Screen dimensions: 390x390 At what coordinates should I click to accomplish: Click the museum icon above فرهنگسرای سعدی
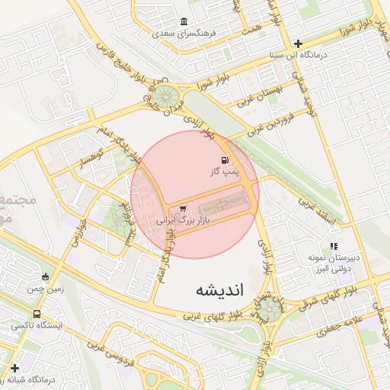183,22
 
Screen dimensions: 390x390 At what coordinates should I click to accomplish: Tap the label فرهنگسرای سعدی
184,34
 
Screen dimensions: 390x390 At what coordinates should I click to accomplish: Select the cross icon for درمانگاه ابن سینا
298,43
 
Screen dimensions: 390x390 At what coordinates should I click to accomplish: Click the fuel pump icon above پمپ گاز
225,160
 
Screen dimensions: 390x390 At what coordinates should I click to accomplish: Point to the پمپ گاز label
225,172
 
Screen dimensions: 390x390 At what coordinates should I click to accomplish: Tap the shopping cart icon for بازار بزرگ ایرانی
182,208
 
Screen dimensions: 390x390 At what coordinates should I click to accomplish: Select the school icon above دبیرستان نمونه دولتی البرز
334,246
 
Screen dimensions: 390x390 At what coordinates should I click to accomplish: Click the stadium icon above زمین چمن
46,277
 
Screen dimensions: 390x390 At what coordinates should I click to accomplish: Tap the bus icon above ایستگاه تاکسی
37,314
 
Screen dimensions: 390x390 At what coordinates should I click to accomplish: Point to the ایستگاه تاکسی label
36,325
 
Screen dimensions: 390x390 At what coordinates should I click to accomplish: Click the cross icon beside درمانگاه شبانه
14,368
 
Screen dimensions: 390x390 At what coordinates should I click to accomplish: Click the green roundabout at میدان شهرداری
270,308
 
